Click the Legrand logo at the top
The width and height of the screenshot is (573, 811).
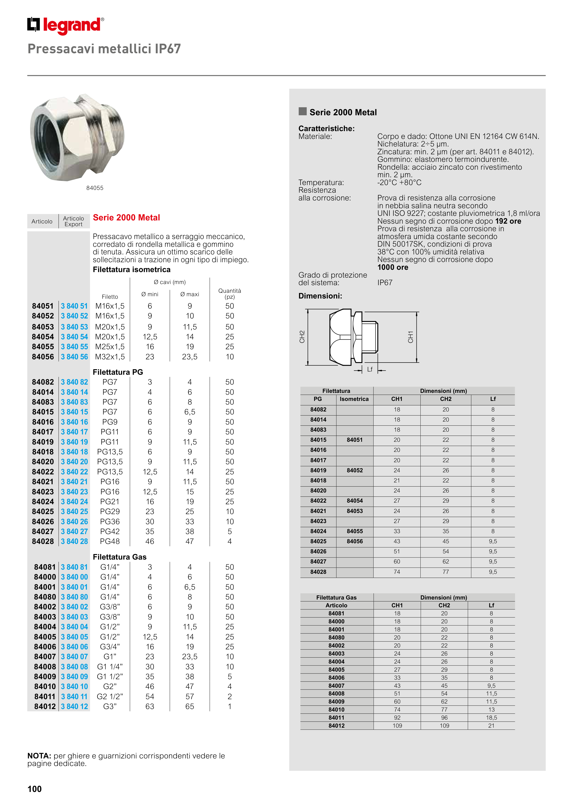coord(66,25)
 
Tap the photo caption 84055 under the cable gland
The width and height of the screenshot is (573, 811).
coord(95,188)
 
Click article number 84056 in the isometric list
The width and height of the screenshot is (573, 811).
coord(43,357)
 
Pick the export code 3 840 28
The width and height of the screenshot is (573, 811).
coord(74,541)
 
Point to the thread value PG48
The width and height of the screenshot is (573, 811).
coord(110,541)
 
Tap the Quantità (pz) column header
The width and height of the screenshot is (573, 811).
coord(229,293)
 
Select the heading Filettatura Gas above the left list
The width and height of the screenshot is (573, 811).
coord(119,557)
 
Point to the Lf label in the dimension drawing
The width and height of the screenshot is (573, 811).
coord(370,369)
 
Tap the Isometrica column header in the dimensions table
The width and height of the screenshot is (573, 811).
coord(354,399)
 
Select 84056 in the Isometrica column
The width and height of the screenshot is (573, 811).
coord(355,541)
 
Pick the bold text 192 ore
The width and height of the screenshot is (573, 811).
coord(508,221)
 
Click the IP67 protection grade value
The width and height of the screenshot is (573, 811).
coord(385,283)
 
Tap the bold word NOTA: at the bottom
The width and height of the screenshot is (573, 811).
coord(39,756)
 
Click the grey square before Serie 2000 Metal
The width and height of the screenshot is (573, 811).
coord(303,112)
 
